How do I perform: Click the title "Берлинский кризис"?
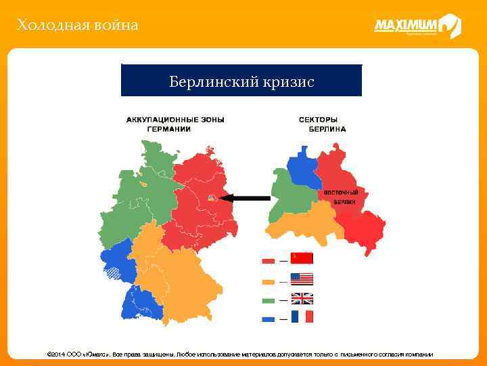pyautogui.click(x=241, y=81)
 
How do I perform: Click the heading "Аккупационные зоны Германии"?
pyautogui.click(x=175, y=123)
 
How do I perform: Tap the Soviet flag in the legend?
pyautogui.click(x=302, y=258)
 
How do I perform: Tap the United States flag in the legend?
pyautogui.click(x=302, y=278)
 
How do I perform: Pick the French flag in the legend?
pyautogui.click(x=302, y=317)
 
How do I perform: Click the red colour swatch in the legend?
pyautogui.click(x=268, y=260)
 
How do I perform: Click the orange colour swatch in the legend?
pyautogui.click(x=268, y=279)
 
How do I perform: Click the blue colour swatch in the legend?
pyautogui.click(x=268, y=317)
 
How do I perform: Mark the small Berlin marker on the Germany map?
pyautogui.click(x=212, y=198)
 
